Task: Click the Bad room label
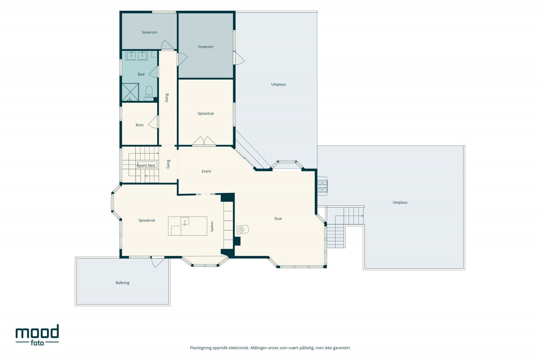tap(141, 74)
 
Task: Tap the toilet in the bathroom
tap(149, 93)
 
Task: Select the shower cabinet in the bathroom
tap(130, 92)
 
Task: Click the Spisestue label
tap(206, 113)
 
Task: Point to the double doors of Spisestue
tap(204, 141)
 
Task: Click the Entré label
tap(206, 171)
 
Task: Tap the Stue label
tap(278, 219)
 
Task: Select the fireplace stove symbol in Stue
tap(242, 229)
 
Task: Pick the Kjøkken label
tap(212, 226)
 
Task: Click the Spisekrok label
tap(147, 220)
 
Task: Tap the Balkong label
tap(123, 283)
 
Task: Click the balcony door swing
tap(158, 262)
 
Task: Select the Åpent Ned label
tap(146, 165)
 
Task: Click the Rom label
tap(139, 125)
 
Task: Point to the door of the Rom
tap(153, 122)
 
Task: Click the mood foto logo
tap(37, 335)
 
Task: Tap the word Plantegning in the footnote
tap(200, 348)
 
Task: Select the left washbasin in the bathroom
tap(131, 56)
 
